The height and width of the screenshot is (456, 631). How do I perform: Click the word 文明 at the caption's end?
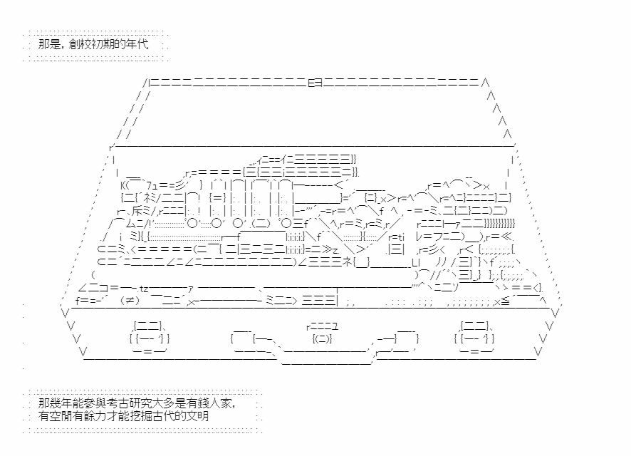pyautogui.click(x=198, y=416)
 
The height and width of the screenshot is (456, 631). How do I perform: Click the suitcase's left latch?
pyautogui.click(x=150, y=338)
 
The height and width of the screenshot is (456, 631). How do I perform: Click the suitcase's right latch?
pyautogui.click(x=474, y=338)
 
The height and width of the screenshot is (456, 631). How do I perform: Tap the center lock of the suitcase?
pyautogui.click(x=322, y=333)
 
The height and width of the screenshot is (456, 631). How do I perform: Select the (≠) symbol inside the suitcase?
pyautogui.click(x=130, y=300)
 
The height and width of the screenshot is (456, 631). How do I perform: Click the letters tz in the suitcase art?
pyautogui.click(x=144, y=289)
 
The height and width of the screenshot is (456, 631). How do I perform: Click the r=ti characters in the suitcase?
pyautogui.click(x=397, y=237)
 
